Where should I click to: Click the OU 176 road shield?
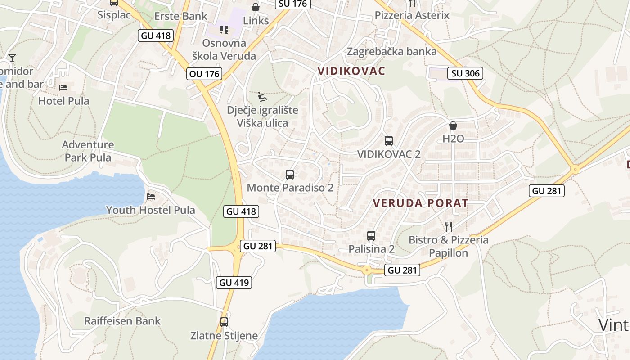click(205, 74)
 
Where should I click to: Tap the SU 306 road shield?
click(465, 73)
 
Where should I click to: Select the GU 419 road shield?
click(234, 283)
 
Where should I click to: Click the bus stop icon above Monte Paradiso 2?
click(290, 175)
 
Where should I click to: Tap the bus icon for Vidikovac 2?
click(389, 140)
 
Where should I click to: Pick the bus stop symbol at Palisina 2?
click(371, 235)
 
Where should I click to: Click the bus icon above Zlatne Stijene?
click(224, 322)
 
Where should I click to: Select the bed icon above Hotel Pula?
click(63, 87)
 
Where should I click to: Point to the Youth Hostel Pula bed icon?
click(151, 197)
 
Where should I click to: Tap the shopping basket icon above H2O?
click(453, 125)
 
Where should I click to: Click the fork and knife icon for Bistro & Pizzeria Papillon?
click(448, 226)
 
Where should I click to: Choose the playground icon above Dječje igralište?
click(262, 97)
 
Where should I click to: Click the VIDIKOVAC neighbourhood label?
click(351, 71)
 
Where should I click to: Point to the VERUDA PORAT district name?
click(421, 203)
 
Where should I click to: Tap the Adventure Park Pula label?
click(88, 151)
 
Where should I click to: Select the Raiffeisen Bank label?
click(122, 321)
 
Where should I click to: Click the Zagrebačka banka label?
click(391, 51)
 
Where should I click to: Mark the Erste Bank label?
click(181, 16)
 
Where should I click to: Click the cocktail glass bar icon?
click(12, 58)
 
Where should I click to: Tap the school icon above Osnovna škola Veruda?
click(224, 30)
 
